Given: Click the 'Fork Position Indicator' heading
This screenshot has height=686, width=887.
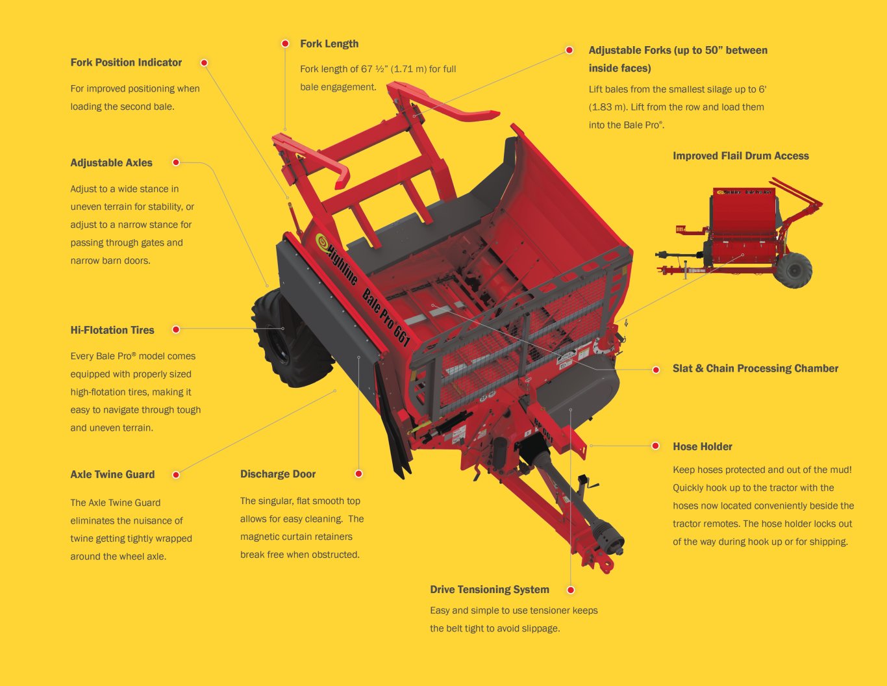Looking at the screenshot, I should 126,62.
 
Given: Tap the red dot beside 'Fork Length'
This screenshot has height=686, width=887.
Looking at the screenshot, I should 285,44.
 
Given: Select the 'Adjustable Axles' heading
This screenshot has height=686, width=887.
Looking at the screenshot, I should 111,163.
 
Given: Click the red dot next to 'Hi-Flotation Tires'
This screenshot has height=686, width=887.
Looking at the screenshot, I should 176,330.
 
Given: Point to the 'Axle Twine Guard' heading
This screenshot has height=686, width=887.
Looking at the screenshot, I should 112,475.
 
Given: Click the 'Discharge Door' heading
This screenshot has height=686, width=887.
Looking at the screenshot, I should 278,474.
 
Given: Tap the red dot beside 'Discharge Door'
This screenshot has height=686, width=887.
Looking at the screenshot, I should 358,474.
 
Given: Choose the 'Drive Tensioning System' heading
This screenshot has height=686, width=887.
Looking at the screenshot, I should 490,590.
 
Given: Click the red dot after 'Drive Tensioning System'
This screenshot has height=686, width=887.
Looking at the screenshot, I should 571,590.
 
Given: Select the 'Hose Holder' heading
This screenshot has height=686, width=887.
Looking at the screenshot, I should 703,447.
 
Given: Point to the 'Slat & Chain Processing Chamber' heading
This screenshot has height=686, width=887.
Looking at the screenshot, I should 755,369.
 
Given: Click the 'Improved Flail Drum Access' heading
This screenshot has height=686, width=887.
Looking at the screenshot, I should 740,156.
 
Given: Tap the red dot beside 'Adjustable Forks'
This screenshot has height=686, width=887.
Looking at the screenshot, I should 569,50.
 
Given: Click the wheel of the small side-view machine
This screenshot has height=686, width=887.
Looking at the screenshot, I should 793,270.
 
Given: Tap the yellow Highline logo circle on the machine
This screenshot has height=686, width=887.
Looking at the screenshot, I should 321,242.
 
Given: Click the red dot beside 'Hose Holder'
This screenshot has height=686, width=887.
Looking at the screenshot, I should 656,446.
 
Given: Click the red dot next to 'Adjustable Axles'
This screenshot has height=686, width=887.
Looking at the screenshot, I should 176,162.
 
